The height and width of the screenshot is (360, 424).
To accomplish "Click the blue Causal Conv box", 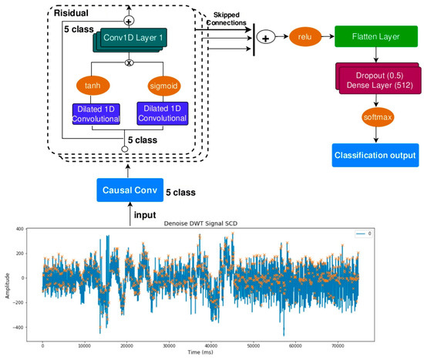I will pyautogui.click(x=129, y=190).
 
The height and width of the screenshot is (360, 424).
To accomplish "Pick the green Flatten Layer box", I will pyautogui.click(x=375, y=36).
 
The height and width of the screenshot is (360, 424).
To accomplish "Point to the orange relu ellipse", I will pyautogui.click(x=306, y=36).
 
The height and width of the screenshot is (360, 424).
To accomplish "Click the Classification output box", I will pyautogui.click(x=375, y=155).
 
